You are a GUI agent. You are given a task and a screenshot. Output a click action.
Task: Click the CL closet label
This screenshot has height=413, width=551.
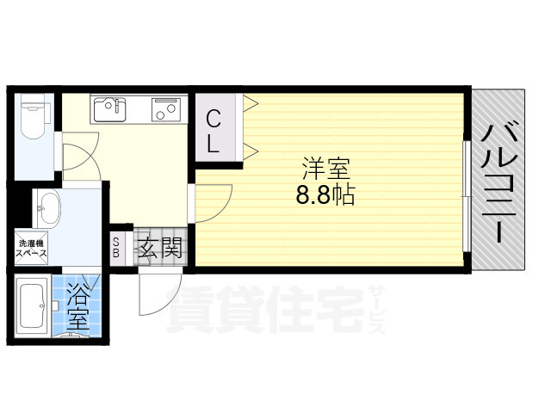click(x=213, y=132)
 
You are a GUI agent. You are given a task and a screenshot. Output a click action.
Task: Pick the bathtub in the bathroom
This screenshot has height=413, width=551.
click(x=32, y=307)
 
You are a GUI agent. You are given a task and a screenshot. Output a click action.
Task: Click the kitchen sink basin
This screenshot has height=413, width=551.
click(x=110, y=109)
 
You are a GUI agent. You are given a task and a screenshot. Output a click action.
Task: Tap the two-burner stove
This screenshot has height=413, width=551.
click(x=166, y=110)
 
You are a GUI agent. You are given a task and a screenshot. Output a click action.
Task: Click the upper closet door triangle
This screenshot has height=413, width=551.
click(x=251, y=105)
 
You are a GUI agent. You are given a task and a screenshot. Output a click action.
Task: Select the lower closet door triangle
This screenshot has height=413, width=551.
click(x=251, y=152)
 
